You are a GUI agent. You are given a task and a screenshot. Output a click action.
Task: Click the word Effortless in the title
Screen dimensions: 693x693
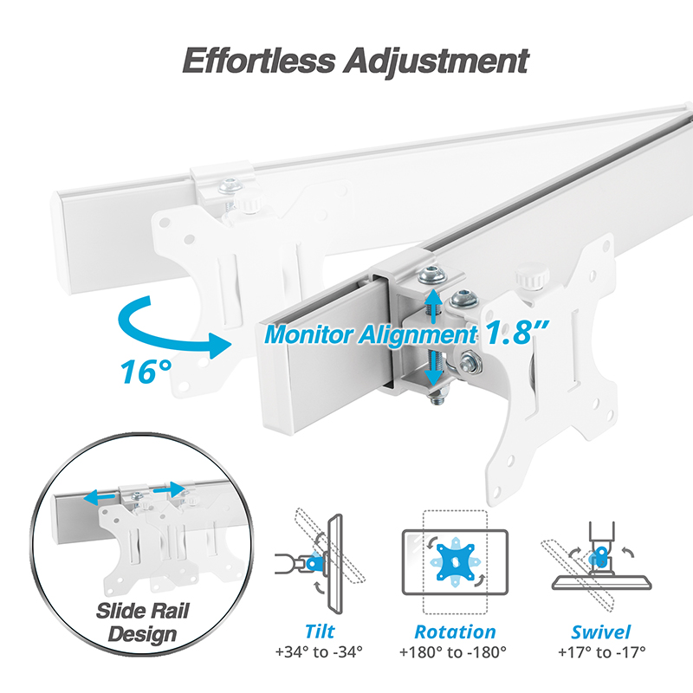[259, 61]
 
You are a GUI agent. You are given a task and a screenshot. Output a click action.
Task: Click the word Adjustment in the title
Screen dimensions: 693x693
[437, 62]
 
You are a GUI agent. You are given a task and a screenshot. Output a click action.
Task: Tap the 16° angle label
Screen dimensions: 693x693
[146, 372]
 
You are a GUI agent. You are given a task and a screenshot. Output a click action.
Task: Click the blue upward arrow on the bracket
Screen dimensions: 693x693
[433, 307]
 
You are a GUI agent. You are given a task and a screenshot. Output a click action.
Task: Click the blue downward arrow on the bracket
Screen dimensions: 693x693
[433, 368]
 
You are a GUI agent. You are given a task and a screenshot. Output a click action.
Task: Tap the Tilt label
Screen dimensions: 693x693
[320, 631]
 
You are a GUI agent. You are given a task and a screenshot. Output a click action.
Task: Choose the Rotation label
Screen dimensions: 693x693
[455, 631]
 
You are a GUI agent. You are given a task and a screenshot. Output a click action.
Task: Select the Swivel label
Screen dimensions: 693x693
[600, 632]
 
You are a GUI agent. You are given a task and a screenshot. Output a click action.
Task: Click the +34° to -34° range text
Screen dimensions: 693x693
[319, 652]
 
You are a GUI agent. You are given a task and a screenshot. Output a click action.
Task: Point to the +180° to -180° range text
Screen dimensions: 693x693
[452, 652]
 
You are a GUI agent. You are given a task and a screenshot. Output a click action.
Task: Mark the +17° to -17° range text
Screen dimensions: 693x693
[601, 652]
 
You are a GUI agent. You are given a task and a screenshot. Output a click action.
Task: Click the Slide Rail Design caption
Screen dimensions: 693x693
[143, 623]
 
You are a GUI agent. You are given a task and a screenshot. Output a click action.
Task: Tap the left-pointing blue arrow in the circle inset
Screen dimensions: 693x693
[99, 497]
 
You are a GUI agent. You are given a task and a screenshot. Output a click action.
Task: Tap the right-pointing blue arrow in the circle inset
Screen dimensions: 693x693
[169, 489]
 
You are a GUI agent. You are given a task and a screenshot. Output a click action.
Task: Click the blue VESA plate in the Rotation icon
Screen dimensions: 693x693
[456, 562]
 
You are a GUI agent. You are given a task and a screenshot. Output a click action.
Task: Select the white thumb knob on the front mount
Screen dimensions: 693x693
[532, 275]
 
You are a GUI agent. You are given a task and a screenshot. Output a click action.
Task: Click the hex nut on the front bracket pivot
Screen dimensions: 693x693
[470, 362]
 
